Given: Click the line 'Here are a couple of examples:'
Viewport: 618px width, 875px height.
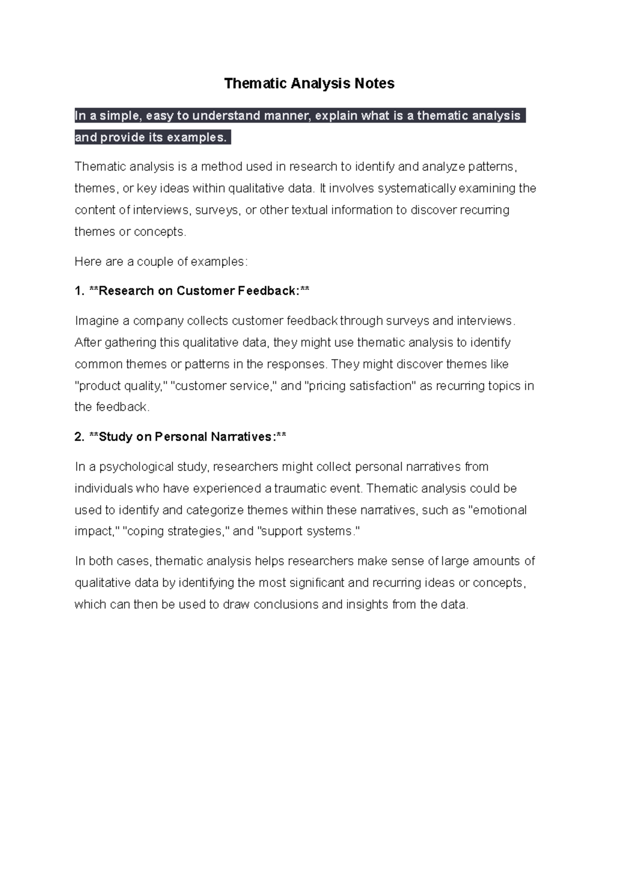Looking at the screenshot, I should click(x=161, y=262).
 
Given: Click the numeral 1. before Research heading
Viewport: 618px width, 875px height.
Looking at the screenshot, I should click(x=79, y=291).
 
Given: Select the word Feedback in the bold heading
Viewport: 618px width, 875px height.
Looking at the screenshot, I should click(x=267, y=291).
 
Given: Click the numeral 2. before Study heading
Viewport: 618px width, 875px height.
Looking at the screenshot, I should click(x=79, y=437).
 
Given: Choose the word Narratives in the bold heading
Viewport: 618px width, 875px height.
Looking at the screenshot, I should click(x=241, y=437).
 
